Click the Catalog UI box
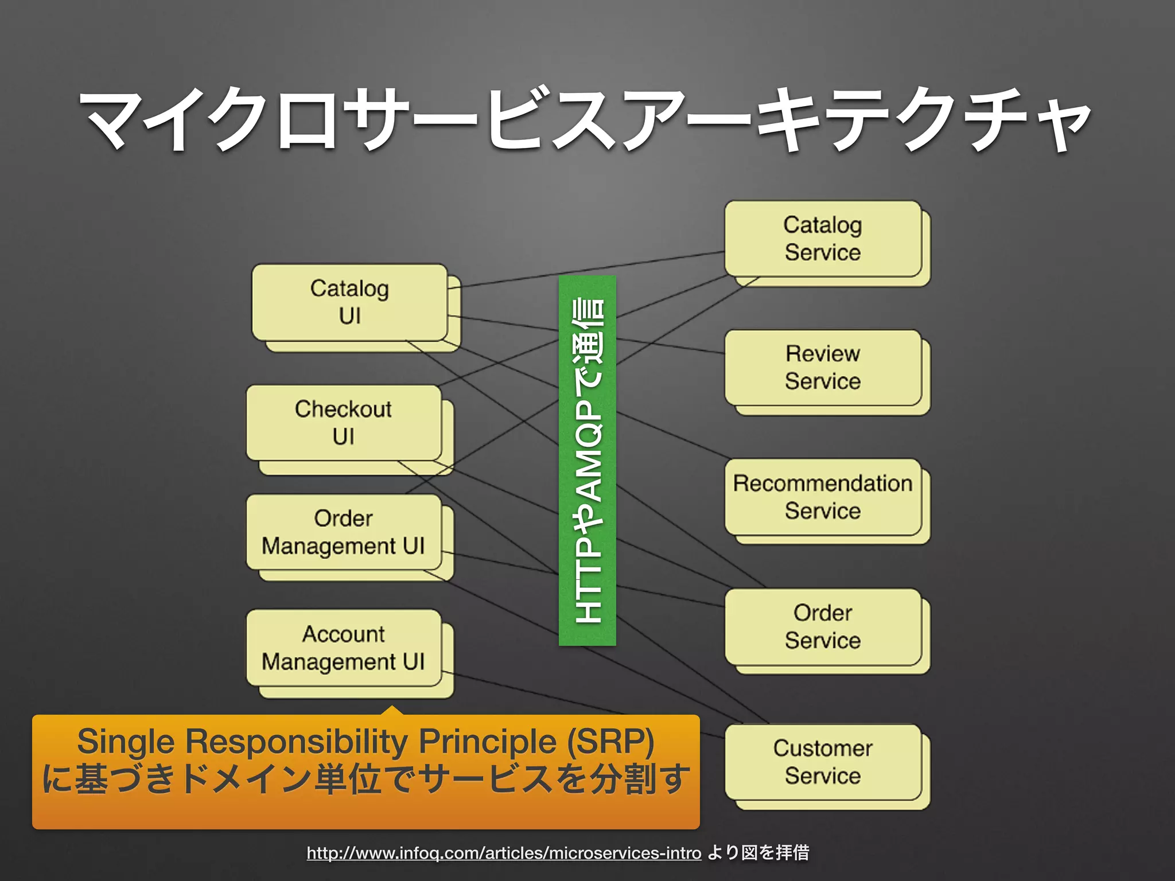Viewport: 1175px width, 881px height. (349, 302)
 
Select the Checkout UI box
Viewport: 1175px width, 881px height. (344, 423)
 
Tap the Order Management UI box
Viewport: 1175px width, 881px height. (344, 532)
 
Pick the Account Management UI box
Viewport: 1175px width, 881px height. (344, 648)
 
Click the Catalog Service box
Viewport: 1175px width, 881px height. (823, 239)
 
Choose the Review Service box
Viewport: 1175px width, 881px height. (823, 368)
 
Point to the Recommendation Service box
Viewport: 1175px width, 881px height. (823, 497)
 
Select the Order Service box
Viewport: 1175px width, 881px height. (823, 627)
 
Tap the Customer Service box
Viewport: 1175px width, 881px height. (823, 762)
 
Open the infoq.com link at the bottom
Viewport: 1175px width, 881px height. (504, 853)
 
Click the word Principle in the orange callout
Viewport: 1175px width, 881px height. (487, 741)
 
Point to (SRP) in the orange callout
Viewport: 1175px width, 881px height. (610, 741)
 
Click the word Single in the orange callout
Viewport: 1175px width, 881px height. (126, 741)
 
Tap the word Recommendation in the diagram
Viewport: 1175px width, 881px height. (823, 484)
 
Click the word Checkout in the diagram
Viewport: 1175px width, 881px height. (343, 409)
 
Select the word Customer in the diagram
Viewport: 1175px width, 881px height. (823, 749)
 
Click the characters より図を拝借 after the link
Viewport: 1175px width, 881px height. (758, 853)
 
